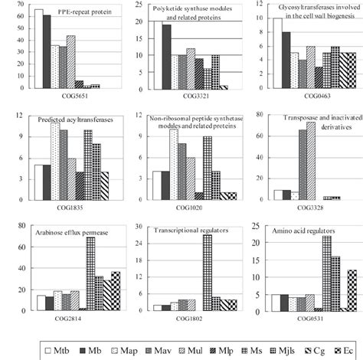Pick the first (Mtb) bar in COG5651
click(39, 50)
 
